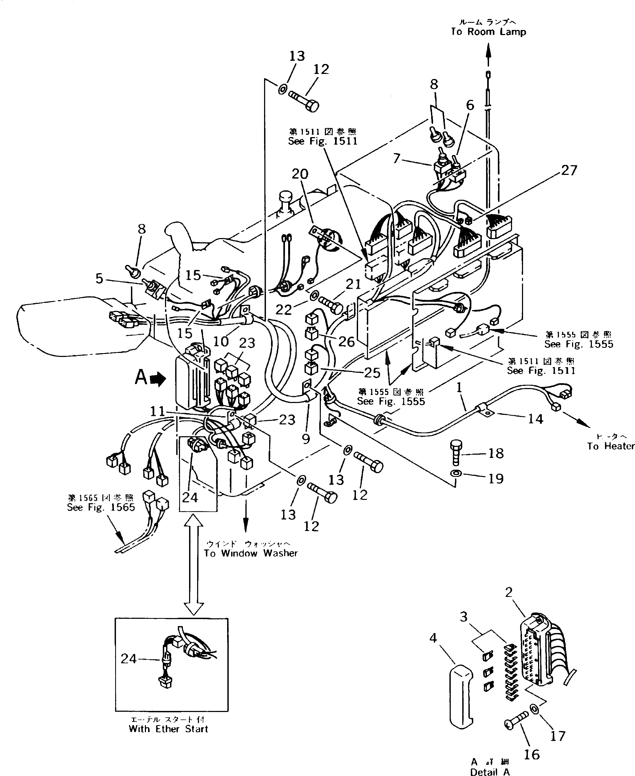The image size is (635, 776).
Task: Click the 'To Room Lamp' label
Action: click(x=488, y=32)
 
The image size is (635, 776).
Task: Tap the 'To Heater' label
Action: click(x=610, y=446)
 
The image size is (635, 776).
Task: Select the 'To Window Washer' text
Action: click(x=251, y=553)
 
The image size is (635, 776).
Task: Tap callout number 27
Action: click(x=569, y=170)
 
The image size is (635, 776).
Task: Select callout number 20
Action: click(x=300, y=174)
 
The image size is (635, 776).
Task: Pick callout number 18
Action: click(x=496, y=453)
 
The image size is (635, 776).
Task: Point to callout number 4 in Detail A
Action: click(x=433, y=638)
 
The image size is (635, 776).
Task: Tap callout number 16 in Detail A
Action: click(x=531, y=754)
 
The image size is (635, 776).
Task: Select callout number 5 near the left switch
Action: click(x=99, y=279)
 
